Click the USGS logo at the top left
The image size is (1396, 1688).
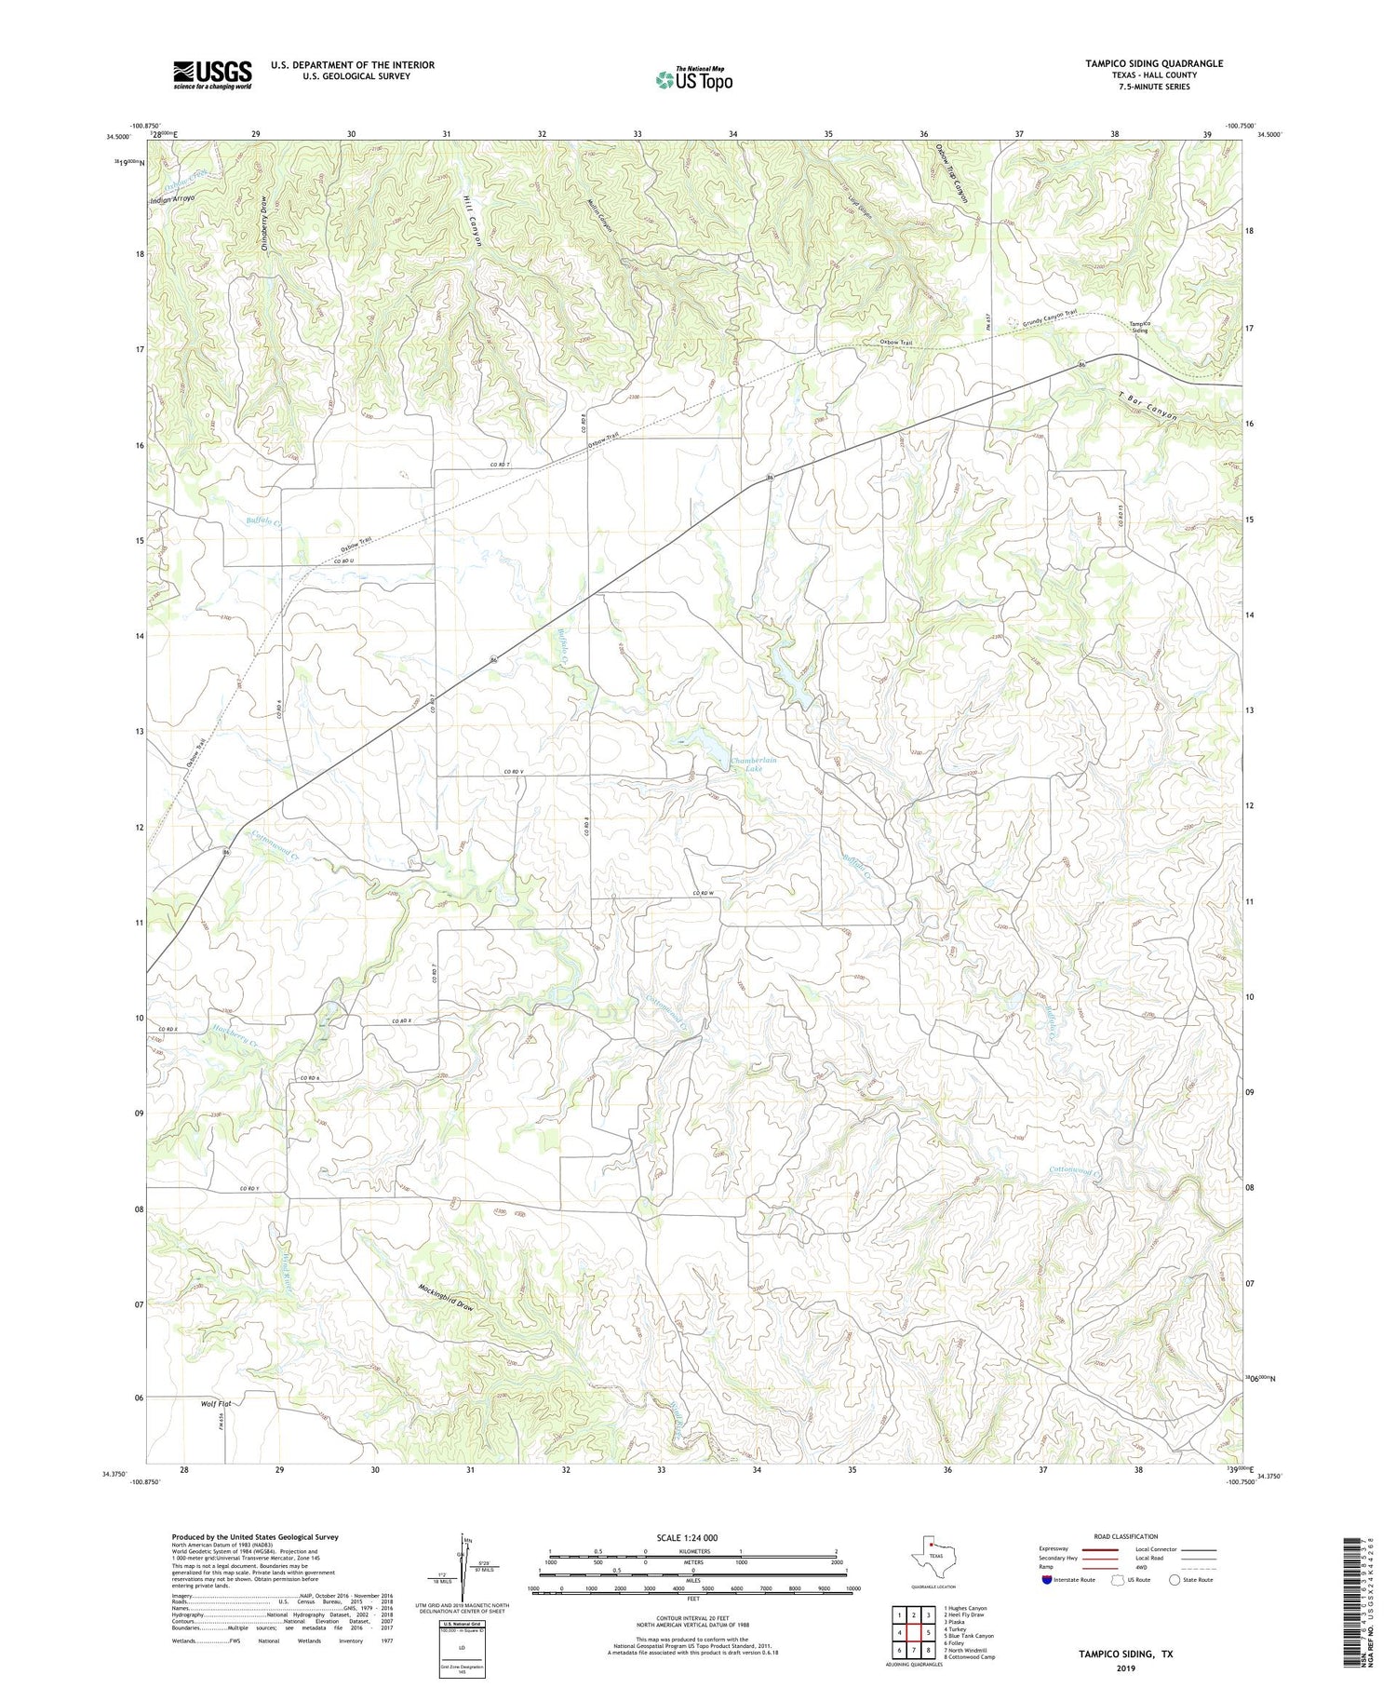[212, 74]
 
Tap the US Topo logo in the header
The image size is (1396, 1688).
[693, 79]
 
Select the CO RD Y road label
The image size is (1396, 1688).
[248, 1189]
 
